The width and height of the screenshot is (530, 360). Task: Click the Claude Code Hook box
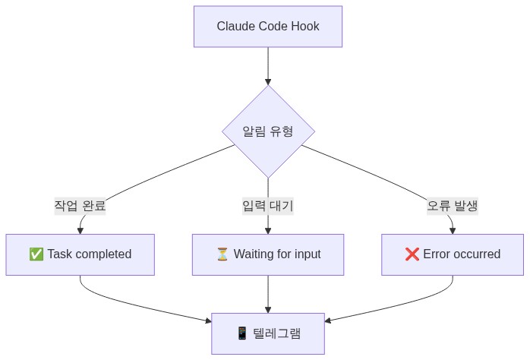tap(268, 27)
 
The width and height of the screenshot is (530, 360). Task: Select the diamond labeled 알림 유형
tap(268, 131)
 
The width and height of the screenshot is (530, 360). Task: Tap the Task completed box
tap(80, 254)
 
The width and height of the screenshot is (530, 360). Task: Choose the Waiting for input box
tap(268, 254)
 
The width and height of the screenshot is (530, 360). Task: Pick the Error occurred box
tap(453, 254)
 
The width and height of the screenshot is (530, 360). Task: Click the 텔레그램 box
tap(268, 333)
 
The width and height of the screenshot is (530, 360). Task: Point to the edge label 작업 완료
tap(80, 206)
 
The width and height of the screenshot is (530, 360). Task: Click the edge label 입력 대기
tap(268, 206)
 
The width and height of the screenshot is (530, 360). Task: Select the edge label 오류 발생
tap(453, 206)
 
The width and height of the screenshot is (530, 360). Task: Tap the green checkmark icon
tap(36, 254)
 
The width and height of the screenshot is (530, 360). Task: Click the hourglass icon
tap(222, 254)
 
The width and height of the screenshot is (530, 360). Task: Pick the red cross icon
tap(412, 254)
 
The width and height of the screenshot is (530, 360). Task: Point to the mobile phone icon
tap(242, 333)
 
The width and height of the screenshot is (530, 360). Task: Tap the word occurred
tap(476, 254)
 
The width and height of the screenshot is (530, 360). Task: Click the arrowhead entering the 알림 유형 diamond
tap(268, 81)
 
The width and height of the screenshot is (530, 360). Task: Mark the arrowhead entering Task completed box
tap(80, 230)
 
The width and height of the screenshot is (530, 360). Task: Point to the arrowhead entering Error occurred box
tap(453, 230)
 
